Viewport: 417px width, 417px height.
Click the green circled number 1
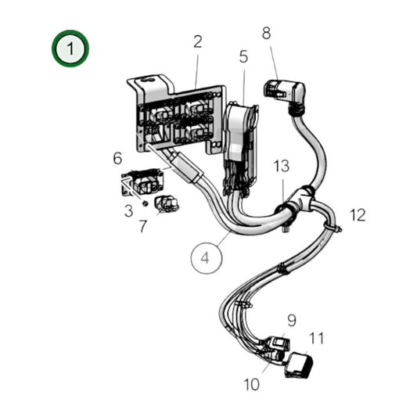(70, 48)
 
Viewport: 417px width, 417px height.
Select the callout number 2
(198, 41)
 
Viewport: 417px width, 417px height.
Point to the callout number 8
(266, 34)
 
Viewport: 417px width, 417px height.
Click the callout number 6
(118, 159)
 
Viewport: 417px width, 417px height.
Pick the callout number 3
(128, 210)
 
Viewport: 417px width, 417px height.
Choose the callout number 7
(142, 227)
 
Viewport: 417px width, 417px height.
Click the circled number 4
(206, 257)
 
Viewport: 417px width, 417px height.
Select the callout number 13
(282, 167)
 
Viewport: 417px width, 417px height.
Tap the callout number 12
(358, 214)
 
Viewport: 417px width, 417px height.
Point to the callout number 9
(291, 320)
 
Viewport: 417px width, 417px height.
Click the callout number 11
(316, 338)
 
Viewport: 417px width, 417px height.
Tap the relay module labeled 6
(141, 182)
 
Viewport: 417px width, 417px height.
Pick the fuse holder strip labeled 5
(238, 149)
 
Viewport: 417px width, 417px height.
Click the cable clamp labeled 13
(288, 208)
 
